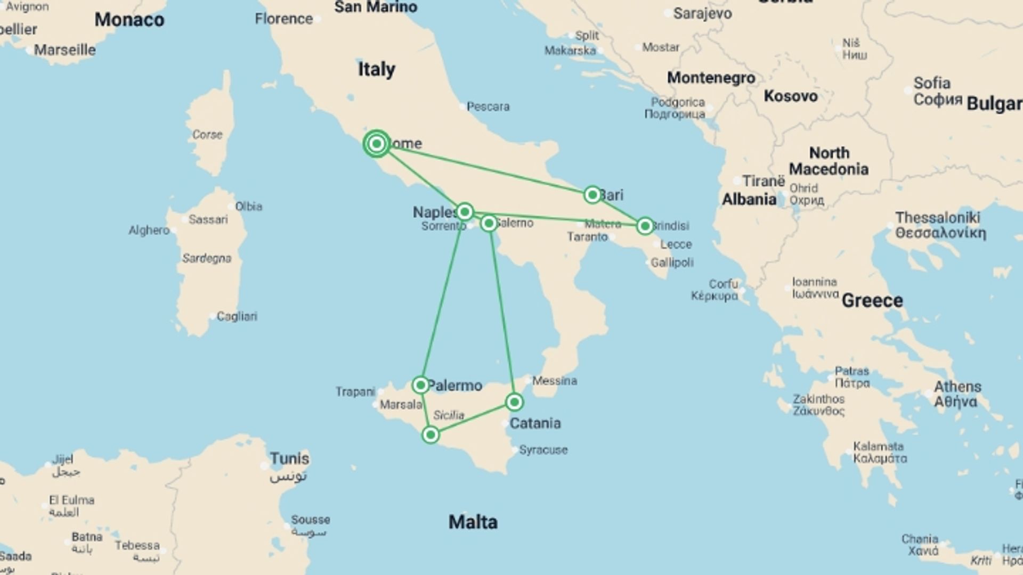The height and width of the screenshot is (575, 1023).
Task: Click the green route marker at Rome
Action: [377, 144]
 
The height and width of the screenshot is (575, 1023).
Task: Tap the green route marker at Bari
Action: [592, 195]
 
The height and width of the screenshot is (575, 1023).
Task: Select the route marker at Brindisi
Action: [645, 226]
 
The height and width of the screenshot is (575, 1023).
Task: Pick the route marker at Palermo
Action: [420, 385]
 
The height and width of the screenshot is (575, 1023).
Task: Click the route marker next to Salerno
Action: [489, 223]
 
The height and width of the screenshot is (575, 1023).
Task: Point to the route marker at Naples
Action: [465, 212]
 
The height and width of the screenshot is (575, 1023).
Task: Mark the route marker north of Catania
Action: [514, 402]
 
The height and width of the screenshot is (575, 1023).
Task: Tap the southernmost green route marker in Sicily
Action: [431, 435]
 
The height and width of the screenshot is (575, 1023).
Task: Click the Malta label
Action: [473, 522]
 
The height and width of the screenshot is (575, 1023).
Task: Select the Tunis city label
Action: [289, 458]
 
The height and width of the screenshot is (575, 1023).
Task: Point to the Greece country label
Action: [872, 301]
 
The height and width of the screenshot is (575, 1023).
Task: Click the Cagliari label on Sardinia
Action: [237, 316]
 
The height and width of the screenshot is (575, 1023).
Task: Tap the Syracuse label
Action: [543, 450]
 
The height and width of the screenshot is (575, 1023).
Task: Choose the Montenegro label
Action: [711, 78]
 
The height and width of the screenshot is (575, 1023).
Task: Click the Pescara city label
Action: [488, 106]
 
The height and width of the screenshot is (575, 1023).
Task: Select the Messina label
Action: [554, 381]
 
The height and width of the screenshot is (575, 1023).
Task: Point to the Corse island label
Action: [207, 135]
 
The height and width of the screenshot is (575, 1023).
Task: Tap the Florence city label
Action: [283, 19]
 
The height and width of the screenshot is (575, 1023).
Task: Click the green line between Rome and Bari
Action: [485, 169]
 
